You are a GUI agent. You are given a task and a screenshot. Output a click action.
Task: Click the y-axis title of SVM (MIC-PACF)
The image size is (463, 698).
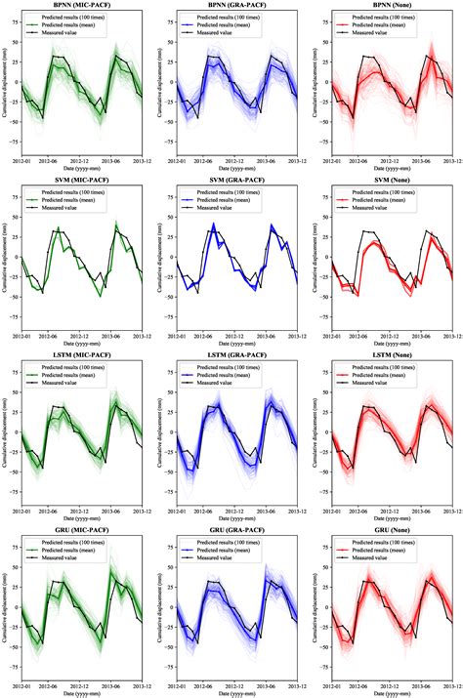[5, 253]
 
